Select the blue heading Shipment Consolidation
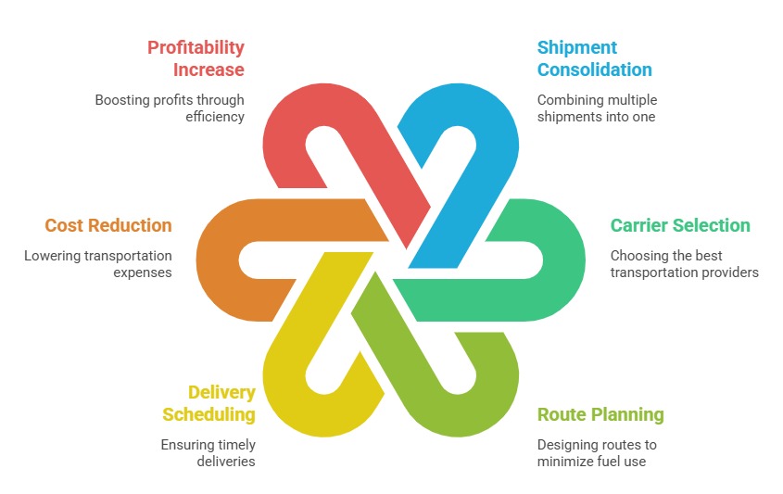pos(594,58)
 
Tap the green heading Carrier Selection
pos(679,225)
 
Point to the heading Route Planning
pos(600,414)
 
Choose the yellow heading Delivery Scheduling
pos(209,403)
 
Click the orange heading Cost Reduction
pos(108,225)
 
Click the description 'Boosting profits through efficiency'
pos(170,108)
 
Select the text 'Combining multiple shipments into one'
pos(597,108)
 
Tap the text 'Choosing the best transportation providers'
pos(684,264)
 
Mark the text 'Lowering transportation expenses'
pos(98,264)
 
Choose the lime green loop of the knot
pos(482,399)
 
